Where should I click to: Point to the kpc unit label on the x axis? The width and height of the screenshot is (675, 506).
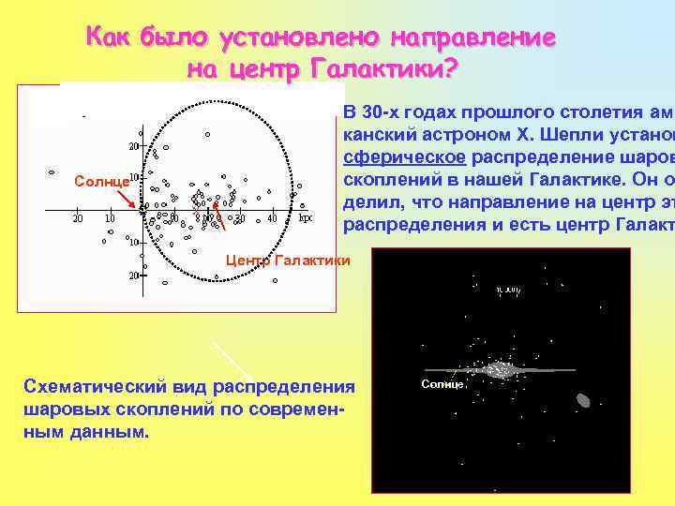[306, 218]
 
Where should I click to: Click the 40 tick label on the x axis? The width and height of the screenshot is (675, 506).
[272, 218]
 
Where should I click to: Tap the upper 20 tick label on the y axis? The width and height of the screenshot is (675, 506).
[134, 146]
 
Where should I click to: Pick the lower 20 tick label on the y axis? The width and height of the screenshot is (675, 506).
[134, 275]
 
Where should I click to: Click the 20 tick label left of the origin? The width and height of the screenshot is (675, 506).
[78, 218]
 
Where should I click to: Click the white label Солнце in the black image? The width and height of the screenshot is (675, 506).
[442, 384]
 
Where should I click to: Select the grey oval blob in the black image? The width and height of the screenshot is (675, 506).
[582, 400]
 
